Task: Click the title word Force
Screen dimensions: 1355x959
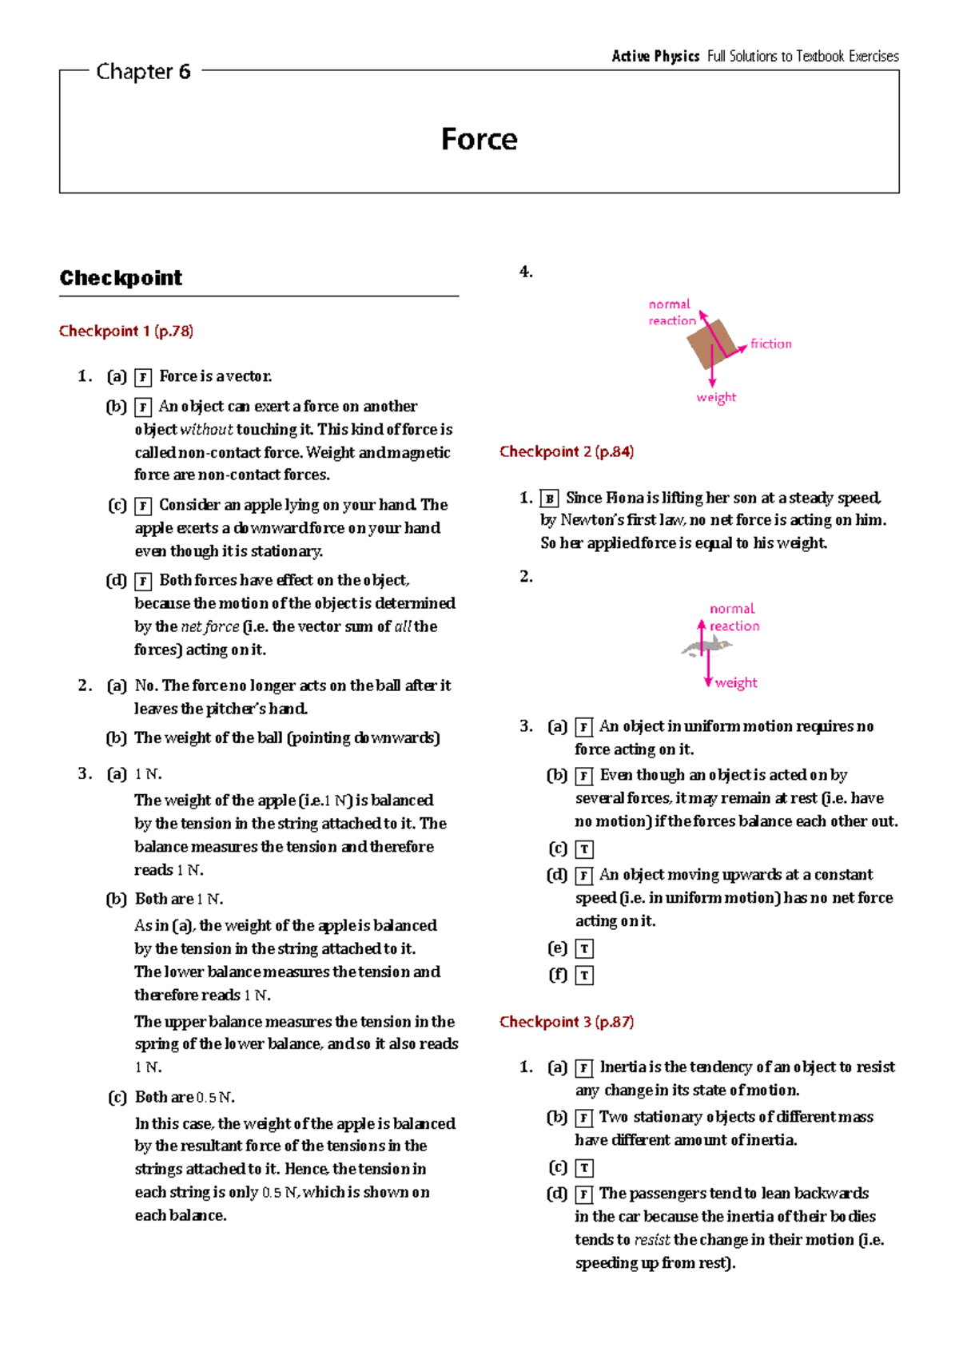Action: coord(479,139)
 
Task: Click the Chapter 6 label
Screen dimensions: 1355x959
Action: coord(143,72)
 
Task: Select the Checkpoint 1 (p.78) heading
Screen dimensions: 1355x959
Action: coord(126,331)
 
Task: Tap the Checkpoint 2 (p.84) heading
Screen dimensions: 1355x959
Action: coord(567,451)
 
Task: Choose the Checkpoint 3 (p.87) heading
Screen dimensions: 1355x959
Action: coord(567,1022)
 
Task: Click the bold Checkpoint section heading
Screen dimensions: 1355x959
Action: coord(121,278)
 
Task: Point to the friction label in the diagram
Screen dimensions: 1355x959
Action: coord(770,344)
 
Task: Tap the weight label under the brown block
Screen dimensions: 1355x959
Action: coord(716,397)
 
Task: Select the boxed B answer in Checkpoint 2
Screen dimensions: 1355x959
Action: coord(549,499)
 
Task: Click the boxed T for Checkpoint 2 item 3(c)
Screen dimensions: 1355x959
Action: coord(584,849)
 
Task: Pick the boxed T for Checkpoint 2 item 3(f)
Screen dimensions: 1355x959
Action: coord(584,976)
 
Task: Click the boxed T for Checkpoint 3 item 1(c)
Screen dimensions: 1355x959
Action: coord(584,1168)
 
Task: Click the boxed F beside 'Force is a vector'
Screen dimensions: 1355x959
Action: coord(143,377)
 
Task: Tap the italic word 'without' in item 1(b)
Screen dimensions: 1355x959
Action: coord(206,430)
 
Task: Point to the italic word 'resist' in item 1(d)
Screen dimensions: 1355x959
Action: coord(651,1240)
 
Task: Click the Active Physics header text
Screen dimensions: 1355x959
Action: coord(655,56)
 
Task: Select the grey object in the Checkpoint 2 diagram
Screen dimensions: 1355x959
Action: coord(706,647)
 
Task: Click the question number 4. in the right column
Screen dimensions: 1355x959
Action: coord(526,272)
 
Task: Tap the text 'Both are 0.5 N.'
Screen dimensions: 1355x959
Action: coord(185,1097)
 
